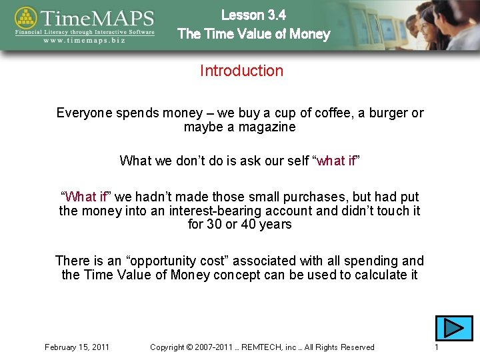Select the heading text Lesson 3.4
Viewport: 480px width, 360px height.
253,15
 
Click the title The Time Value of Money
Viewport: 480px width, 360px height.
253,34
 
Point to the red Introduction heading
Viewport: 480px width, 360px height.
241,71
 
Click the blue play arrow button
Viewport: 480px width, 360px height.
453,328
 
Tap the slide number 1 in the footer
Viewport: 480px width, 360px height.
436,347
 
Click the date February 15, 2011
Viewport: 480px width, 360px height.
77,347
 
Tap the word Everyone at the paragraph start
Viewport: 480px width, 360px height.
85,113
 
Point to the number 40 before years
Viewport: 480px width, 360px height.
251,225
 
